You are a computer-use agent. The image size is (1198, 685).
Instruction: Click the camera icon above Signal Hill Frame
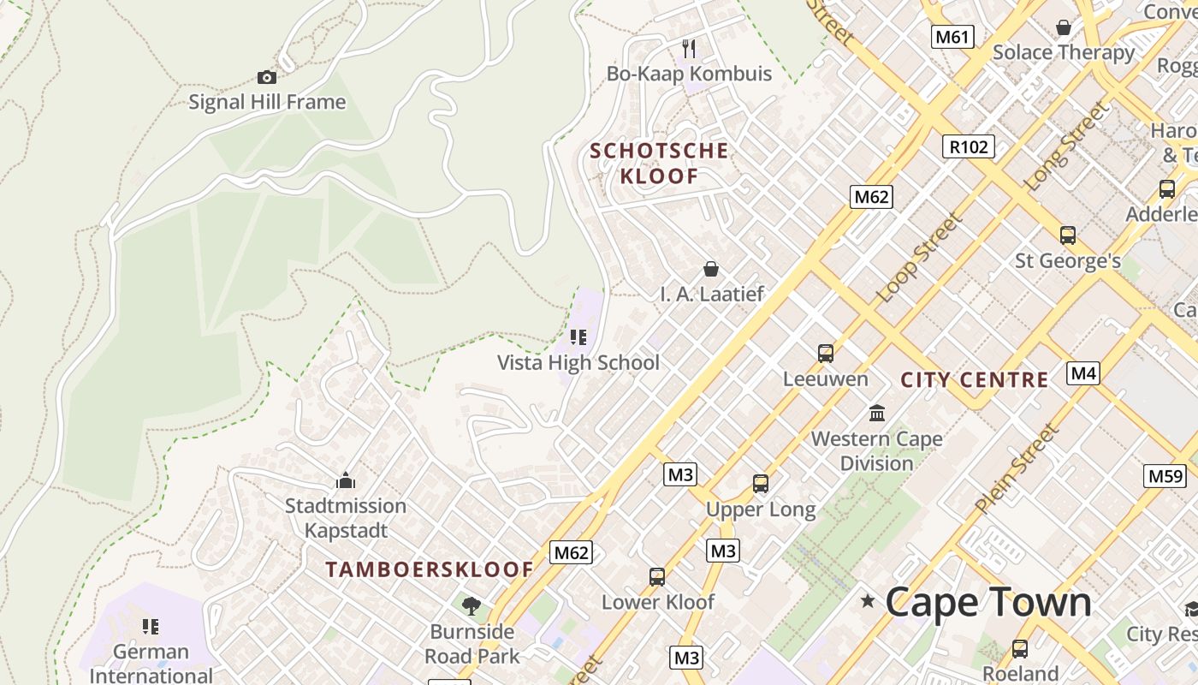click(x=267, y=78)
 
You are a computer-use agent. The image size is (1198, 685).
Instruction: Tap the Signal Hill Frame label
click(x=267, y=103)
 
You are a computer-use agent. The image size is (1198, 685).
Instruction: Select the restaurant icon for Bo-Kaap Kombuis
click(x=689, y=49)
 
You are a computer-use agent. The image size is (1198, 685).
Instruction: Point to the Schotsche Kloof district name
click(x=659, y=164)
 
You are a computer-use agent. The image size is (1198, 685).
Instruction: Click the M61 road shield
click(x=952, y=37)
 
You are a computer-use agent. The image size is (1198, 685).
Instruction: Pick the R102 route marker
click(x=969, y=146)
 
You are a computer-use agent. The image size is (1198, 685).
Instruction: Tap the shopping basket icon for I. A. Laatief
click(x=710, y=270)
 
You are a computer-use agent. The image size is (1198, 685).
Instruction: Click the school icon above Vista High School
click(x=578, y=337)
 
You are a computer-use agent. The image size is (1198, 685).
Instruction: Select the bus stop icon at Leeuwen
click(x=826, y=354)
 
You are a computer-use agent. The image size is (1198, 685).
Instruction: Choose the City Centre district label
click(x=975, y=379)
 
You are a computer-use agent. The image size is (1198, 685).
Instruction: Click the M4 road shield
click(x=1083, y=373)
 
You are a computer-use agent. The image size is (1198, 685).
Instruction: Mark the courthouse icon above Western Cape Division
click(x=877, y=414)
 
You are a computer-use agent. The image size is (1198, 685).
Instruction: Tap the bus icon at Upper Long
click(x=761, y=484)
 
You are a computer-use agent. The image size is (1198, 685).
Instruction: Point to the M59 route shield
click(x=1165, y=476)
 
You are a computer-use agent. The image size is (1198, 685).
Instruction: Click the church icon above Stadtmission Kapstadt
click(x=346, y=480)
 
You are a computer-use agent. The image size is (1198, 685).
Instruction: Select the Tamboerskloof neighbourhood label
click(x=430, y=569)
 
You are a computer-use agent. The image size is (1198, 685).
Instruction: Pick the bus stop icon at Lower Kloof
click(x=657, y=577)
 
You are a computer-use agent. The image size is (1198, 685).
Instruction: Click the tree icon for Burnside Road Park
click(x=471, y=607)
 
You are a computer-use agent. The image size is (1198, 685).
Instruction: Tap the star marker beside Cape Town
click(x=869, y=601)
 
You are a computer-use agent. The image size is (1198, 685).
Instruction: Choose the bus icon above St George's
click(x=1068, y=235)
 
